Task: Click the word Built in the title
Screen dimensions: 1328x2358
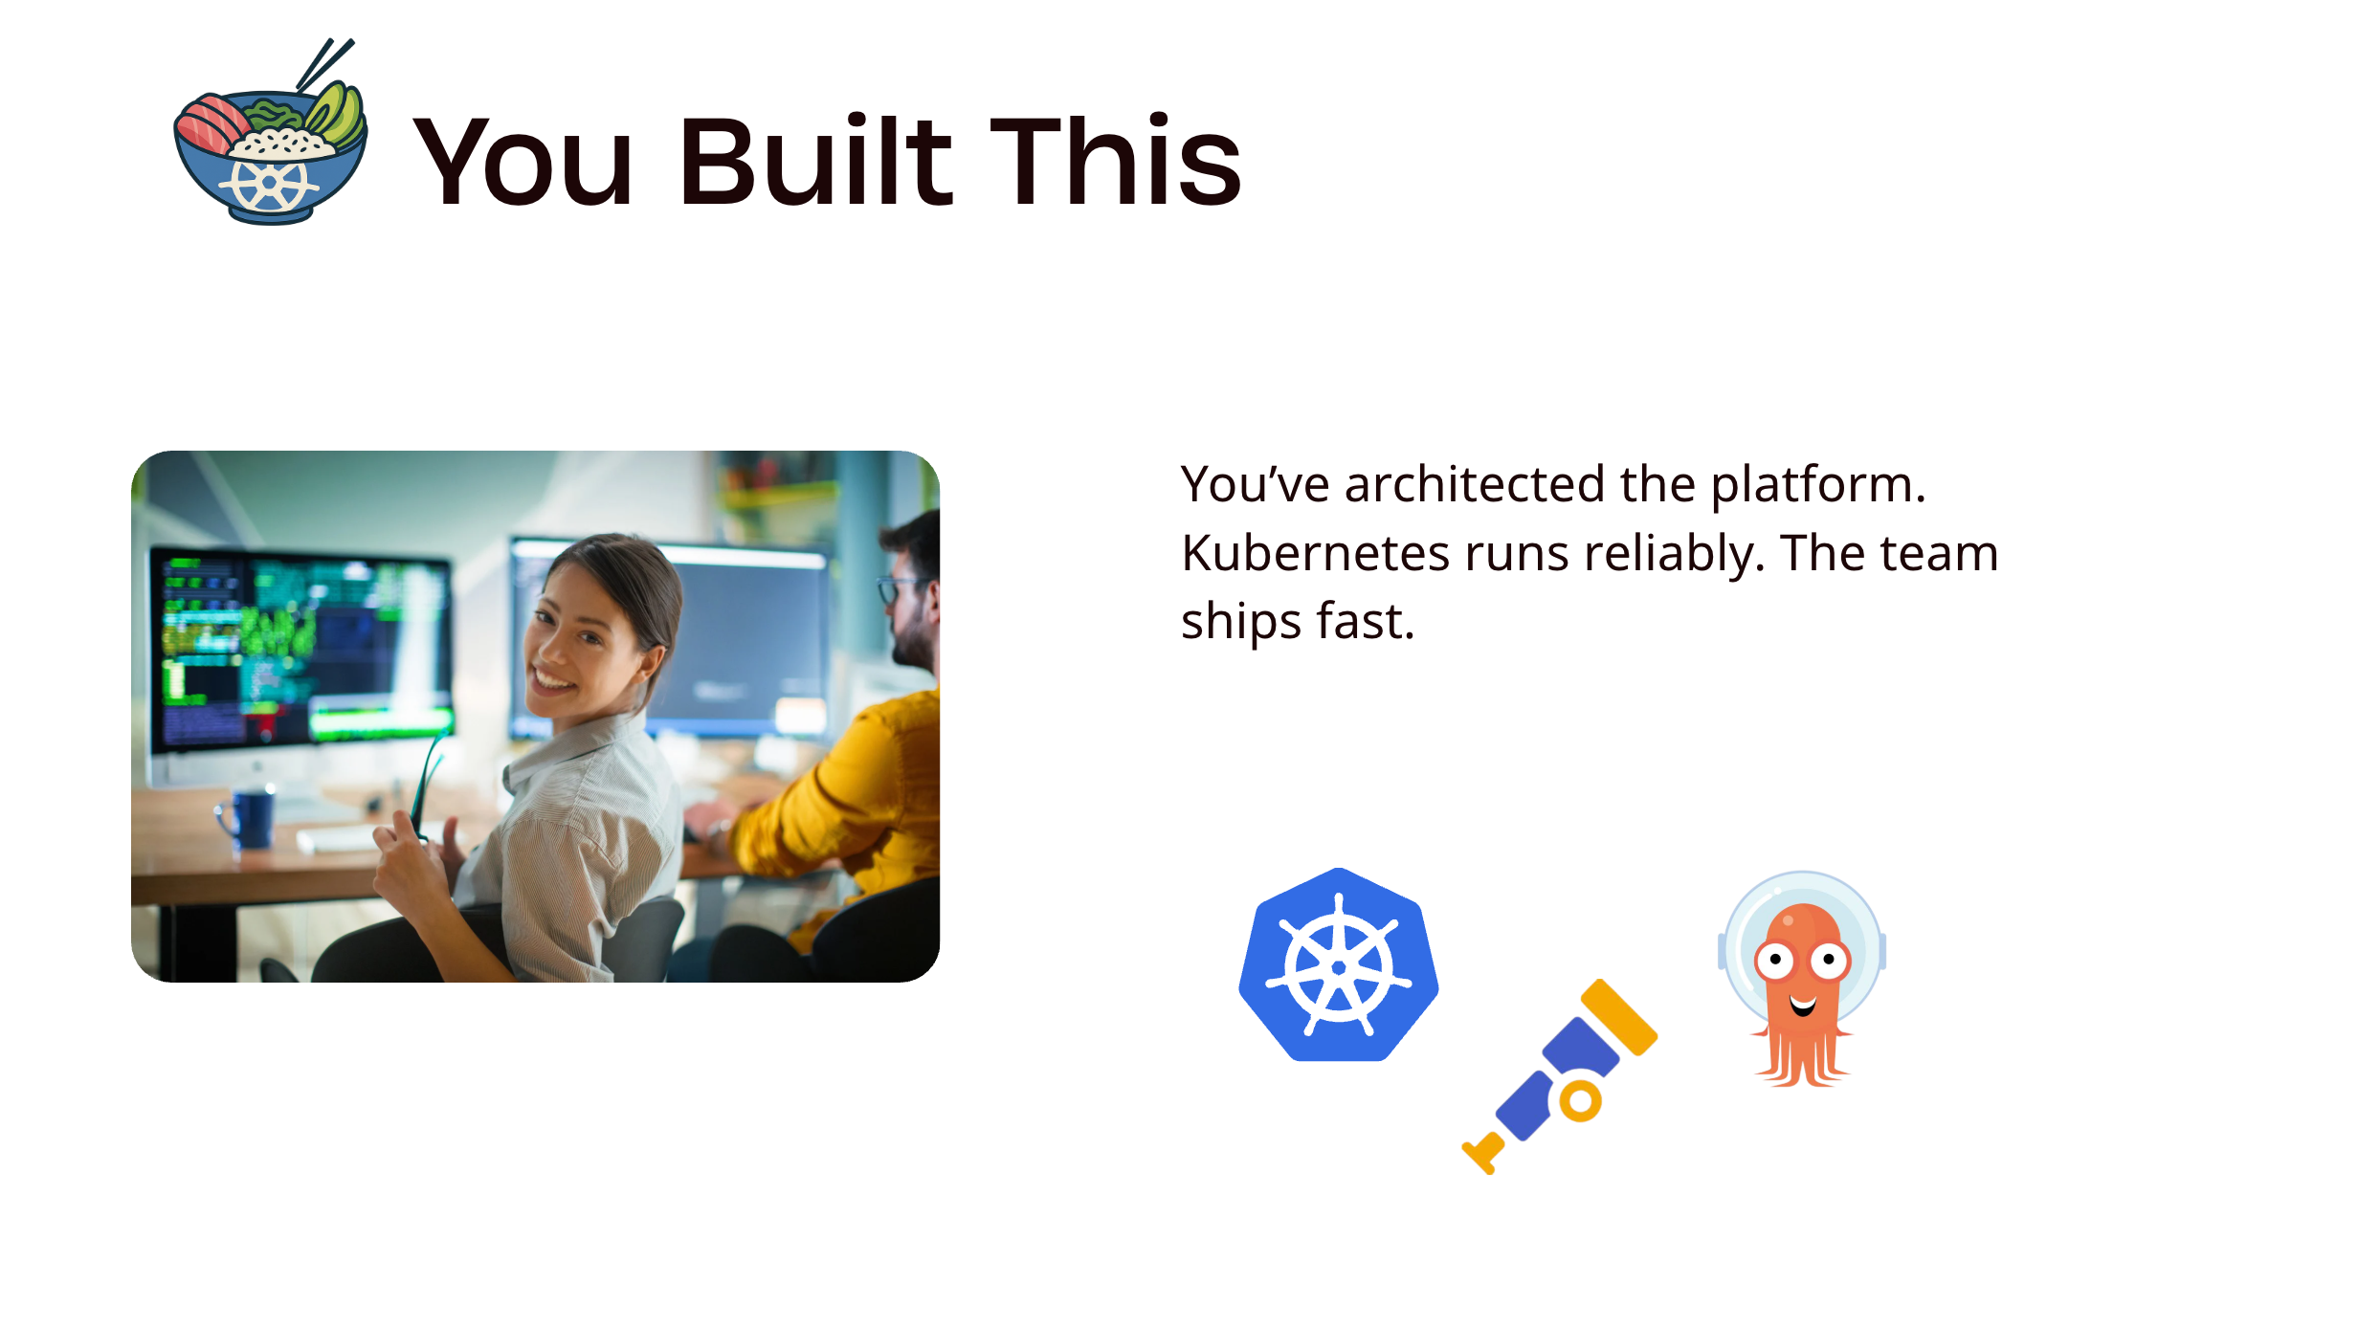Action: click(x=814, y=161)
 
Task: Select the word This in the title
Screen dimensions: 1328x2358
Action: click(x=1115, y=161)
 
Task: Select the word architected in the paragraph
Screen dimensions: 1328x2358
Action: click(x=1474, y=484)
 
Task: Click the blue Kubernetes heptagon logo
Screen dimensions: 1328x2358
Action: click(x=1338, y=965)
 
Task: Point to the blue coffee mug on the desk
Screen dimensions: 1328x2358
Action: click(x=251, y=819)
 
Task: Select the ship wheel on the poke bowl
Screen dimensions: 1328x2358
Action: click(x=269, y=183)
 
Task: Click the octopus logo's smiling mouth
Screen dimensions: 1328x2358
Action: click(x=1803, y=1006)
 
